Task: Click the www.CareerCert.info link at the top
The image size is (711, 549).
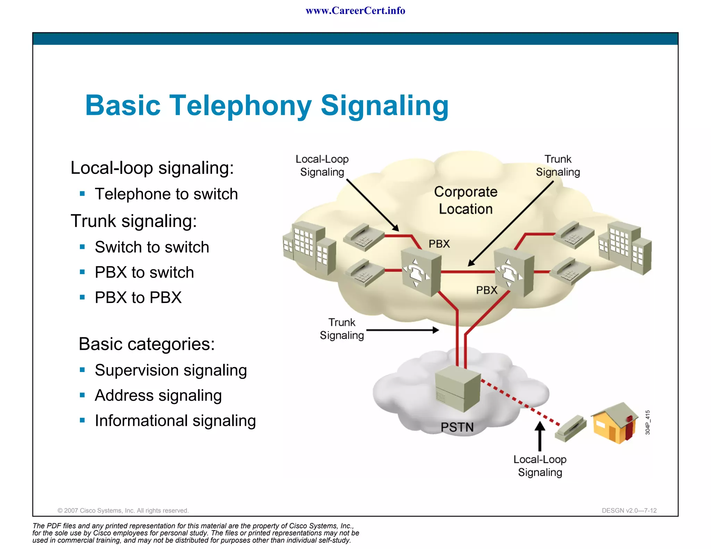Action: (355, 11)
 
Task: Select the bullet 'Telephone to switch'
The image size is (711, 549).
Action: (166, 194)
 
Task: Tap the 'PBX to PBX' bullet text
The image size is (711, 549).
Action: (138, 297)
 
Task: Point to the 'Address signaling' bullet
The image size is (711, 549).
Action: (158, 395)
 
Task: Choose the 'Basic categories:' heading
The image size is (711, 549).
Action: (147, 344)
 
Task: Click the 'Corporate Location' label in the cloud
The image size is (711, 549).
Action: (465, 200)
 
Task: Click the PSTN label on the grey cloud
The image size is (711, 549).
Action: (457, 427)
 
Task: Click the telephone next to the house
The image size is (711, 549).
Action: (570, 428)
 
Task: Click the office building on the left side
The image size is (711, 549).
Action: (309, 247)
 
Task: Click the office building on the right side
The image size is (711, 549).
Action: (625, 247)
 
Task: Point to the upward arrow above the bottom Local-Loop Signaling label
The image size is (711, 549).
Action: (539, 436)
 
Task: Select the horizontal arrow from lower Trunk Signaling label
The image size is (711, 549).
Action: (403, 330)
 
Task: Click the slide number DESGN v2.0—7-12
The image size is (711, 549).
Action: (629, 510)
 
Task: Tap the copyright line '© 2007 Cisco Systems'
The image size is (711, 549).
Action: (123, 510)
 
